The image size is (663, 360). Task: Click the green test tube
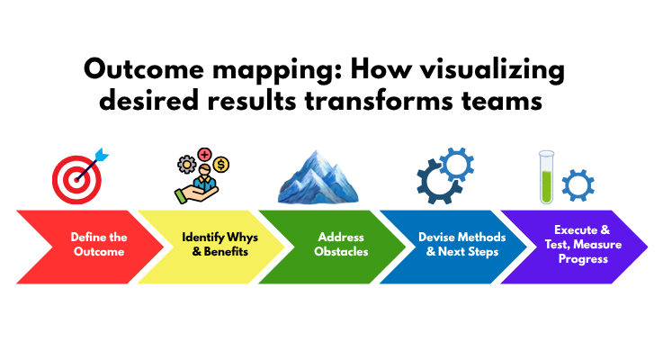coord(544,175)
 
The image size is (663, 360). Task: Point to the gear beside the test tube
coord(577,184)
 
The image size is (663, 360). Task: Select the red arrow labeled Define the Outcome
coord(85,244)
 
